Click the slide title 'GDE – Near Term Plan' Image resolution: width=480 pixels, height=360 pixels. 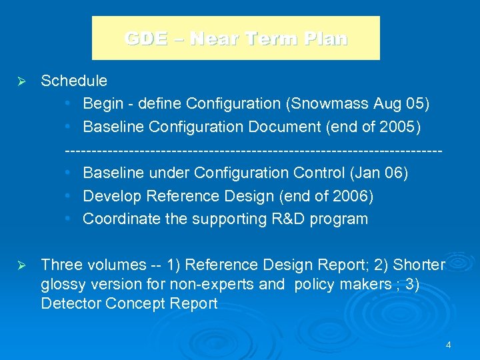(x=236, y=39)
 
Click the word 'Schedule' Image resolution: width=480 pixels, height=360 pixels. (x=74, y=81)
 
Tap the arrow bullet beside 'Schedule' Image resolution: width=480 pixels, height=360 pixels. (x=20, y=81)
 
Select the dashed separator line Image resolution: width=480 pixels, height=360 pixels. (x=253, y=151)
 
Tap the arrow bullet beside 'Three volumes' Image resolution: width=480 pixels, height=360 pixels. (x=20, y=265)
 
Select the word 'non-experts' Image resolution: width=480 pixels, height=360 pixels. (x=214, y=285)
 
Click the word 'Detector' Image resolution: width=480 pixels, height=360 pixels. (x=67, y=304)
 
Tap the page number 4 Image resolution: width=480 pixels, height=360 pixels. (x=449, y=345)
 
